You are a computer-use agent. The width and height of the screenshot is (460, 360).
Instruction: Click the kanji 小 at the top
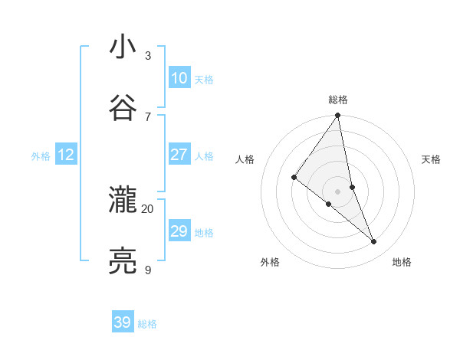click(123, 47)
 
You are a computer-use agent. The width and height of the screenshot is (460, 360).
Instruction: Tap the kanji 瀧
click(123, 200)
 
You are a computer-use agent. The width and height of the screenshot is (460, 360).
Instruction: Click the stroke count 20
click(147, 208)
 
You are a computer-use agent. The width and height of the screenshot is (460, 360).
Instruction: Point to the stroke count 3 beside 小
click(147, 56)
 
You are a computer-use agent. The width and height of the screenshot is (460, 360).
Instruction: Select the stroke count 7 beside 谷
click(147, 116)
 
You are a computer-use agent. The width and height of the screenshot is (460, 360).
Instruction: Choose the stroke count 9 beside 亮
click(147, 270)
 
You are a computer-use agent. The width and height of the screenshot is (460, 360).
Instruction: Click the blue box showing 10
click(179, 78)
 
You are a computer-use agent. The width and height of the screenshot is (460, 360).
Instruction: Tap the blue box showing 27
click(179, 155)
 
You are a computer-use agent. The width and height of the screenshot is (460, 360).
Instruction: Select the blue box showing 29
click(179, 231)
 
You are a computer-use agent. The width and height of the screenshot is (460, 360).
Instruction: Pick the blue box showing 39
click(123, 322)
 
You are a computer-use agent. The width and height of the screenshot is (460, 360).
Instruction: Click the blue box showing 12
click(65, 155)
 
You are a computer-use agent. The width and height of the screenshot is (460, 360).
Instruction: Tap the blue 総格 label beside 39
click(147, 324)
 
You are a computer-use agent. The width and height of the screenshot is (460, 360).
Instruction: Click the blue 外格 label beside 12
click(41, 156)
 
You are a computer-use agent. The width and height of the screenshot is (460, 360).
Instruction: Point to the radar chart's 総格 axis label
click(338, 100)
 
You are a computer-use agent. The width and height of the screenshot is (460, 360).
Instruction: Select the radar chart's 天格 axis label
click(432, 159)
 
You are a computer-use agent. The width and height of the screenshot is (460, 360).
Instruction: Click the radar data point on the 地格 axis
click(374, 241)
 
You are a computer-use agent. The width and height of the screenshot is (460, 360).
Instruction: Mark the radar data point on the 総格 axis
click(338, 116)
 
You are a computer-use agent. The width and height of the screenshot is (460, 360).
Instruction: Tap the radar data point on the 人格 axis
click(294, 177)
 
